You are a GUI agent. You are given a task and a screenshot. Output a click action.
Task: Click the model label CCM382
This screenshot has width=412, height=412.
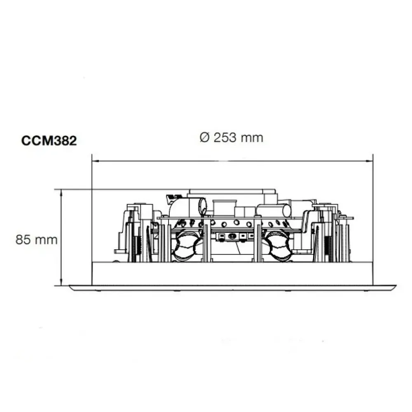click(x=49, y=141)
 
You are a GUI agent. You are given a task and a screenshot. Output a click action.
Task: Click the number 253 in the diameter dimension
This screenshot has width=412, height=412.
click(x=225, y=137)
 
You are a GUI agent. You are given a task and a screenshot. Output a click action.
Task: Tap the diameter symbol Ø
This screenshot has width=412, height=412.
click(x=205, y=138)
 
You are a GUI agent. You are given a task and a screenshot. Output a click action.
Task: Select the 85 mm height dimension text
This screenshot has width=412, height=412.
click(x=36, y=239)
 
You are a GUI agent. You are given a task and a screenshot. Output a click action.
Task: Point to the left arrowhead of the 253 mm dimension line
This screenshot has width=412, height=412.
click(x=94, y=161)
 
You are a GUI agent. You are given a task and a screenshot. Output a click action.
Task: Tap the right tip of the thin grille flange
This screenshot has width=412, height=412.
click(x=394, y=287)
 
